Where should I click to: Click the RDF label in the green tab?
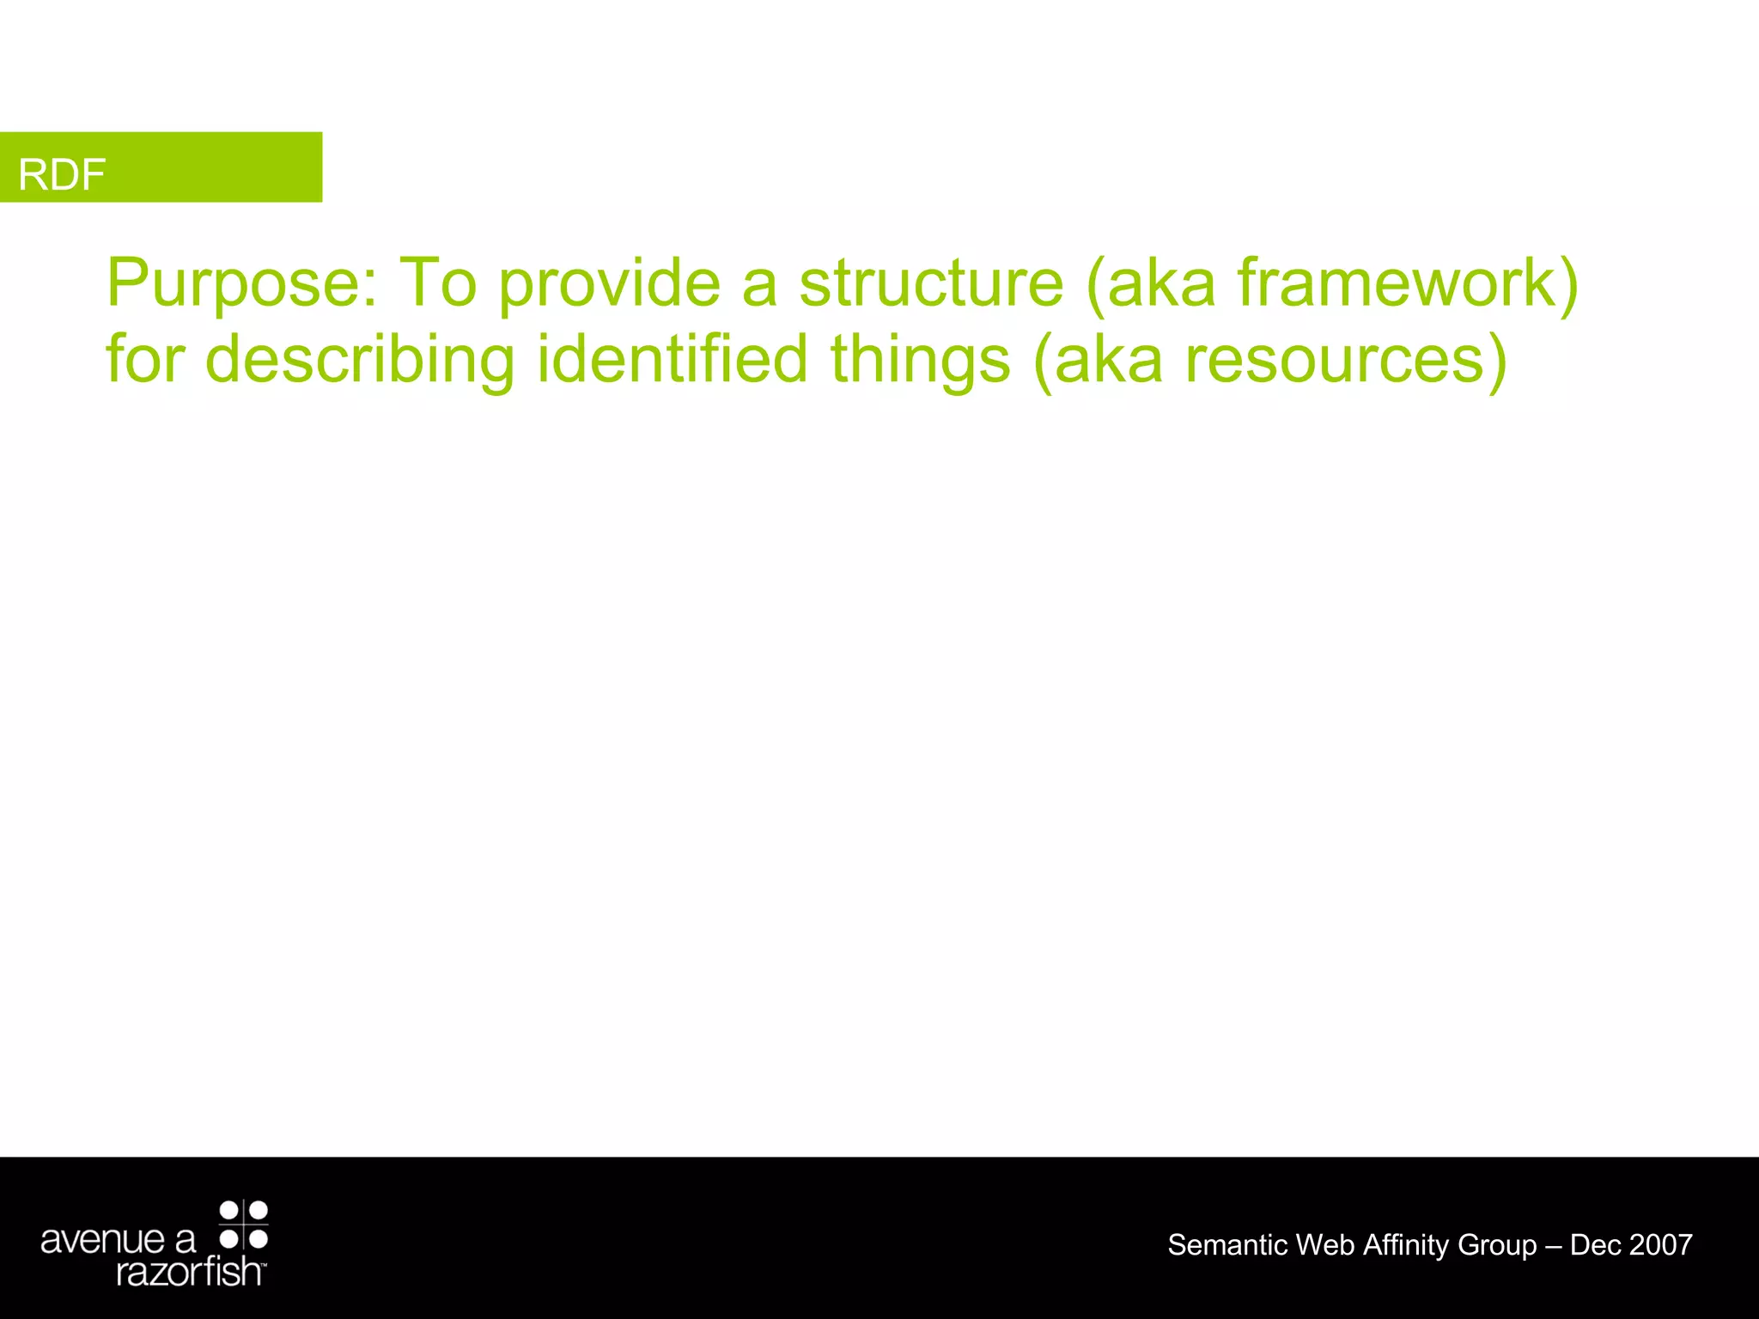tap(62, 174)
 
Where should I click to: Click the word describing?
tap(360, 359)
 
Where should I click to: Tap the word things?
tap(920, 359)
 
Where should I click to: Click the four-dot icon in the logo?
tap(244, 1225)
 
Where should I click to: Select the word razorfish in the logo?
tap(189, 1271)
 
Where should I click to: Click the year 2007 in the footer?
tap(1660, 1244)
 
